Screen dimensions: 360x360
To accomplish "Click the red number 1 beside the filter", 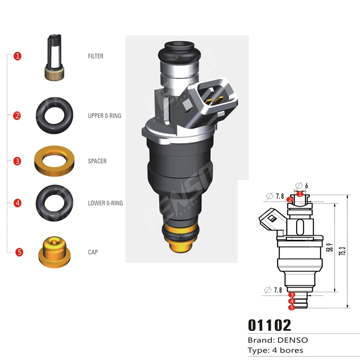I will (x=18, y=56).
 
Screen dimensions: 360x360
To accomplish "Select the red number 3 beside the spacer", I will (x=17, y=161).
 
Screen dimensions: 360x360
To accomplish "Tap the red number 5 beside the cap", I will (x=19, y=252).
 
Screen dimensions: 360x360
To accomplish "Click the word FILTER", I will (x=95, y=56).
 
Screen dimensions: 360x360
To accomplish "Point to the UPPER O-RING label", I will (x=104, y=116).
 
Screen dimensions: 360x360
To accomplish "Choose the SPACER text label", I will (x=97, y=161).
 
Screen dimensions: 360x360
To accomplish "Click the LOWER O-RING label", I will (x=105, y=203).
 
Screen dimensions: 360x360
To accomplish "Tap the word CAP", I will (x=93, y=252).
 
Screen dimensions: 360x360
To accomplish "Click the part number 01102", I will (x=270, y=325).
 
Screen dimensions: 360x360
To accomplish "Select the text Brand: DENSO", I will (x=278, y=340).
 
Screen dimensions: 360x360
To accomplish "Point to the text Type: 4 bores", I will (x=275, y=350).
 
